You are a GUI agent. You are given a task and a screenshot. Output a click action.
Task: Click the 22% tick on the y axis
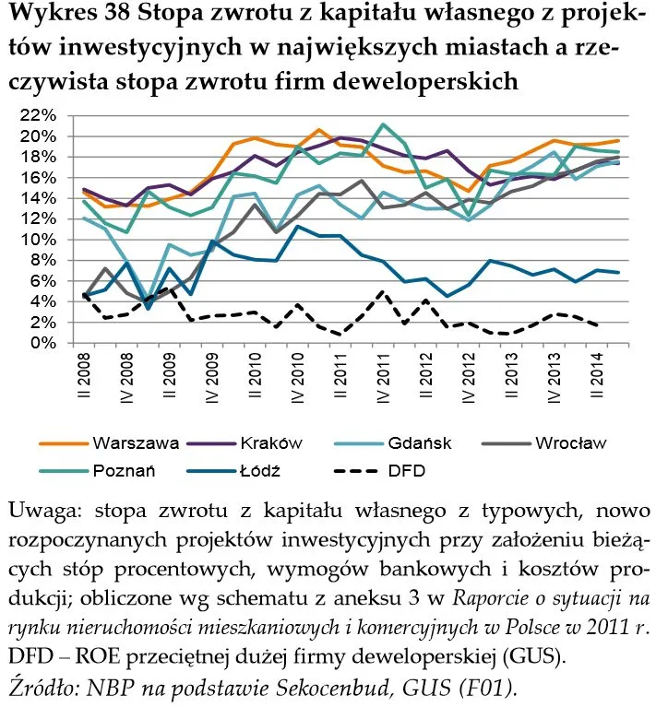pyautogui.click(x=37, y=115)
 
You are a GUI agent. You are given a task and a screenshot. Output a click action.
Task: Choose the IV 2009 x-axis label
pyautogui.click(x=212, y=377)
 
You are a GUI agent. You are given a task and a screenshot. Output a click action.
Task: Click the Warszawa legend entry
pyautogui.click(x=135, y=442)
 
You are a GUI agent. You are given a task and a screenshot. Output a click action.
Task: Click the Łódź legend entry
pyautogui.click(x=256, y=470)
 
